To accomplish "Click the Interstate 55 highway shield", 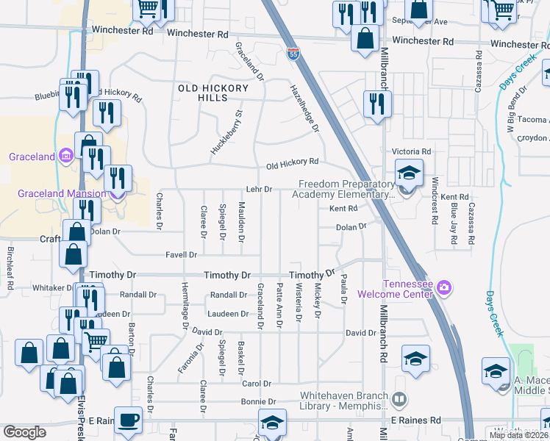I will pos(293,53).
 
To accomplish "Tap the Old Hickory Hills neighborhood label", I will pos(203,93).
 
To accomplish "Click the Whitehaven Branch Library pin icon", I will pos(399,400).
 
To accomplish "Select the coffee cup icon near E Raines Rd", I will pos(128,420).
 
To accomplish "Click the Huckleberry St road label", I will pos(227,132).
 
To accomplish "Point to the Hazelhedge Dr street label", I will pos(305,107).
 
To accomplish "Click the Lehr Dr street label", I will pos(259,189).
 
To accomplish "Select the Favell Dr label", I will pos(183,255).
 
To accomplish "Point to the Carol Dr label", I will pos(257,384).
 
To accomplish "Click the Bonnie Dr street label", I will pos(261,402).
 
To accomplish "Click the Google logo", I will pos(25,432).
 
